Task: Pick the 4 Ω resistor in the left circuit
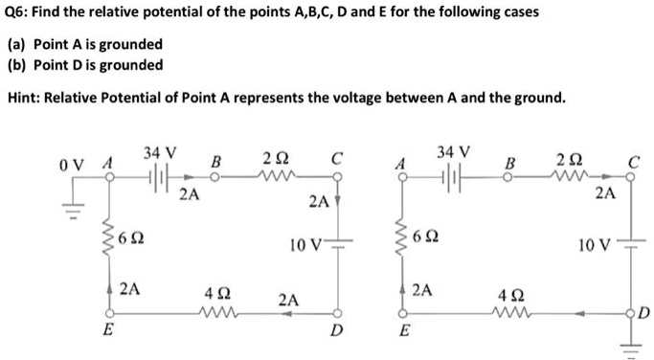217,311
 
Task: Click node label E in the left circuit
106,329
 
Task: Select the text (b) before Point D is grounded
17,65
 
